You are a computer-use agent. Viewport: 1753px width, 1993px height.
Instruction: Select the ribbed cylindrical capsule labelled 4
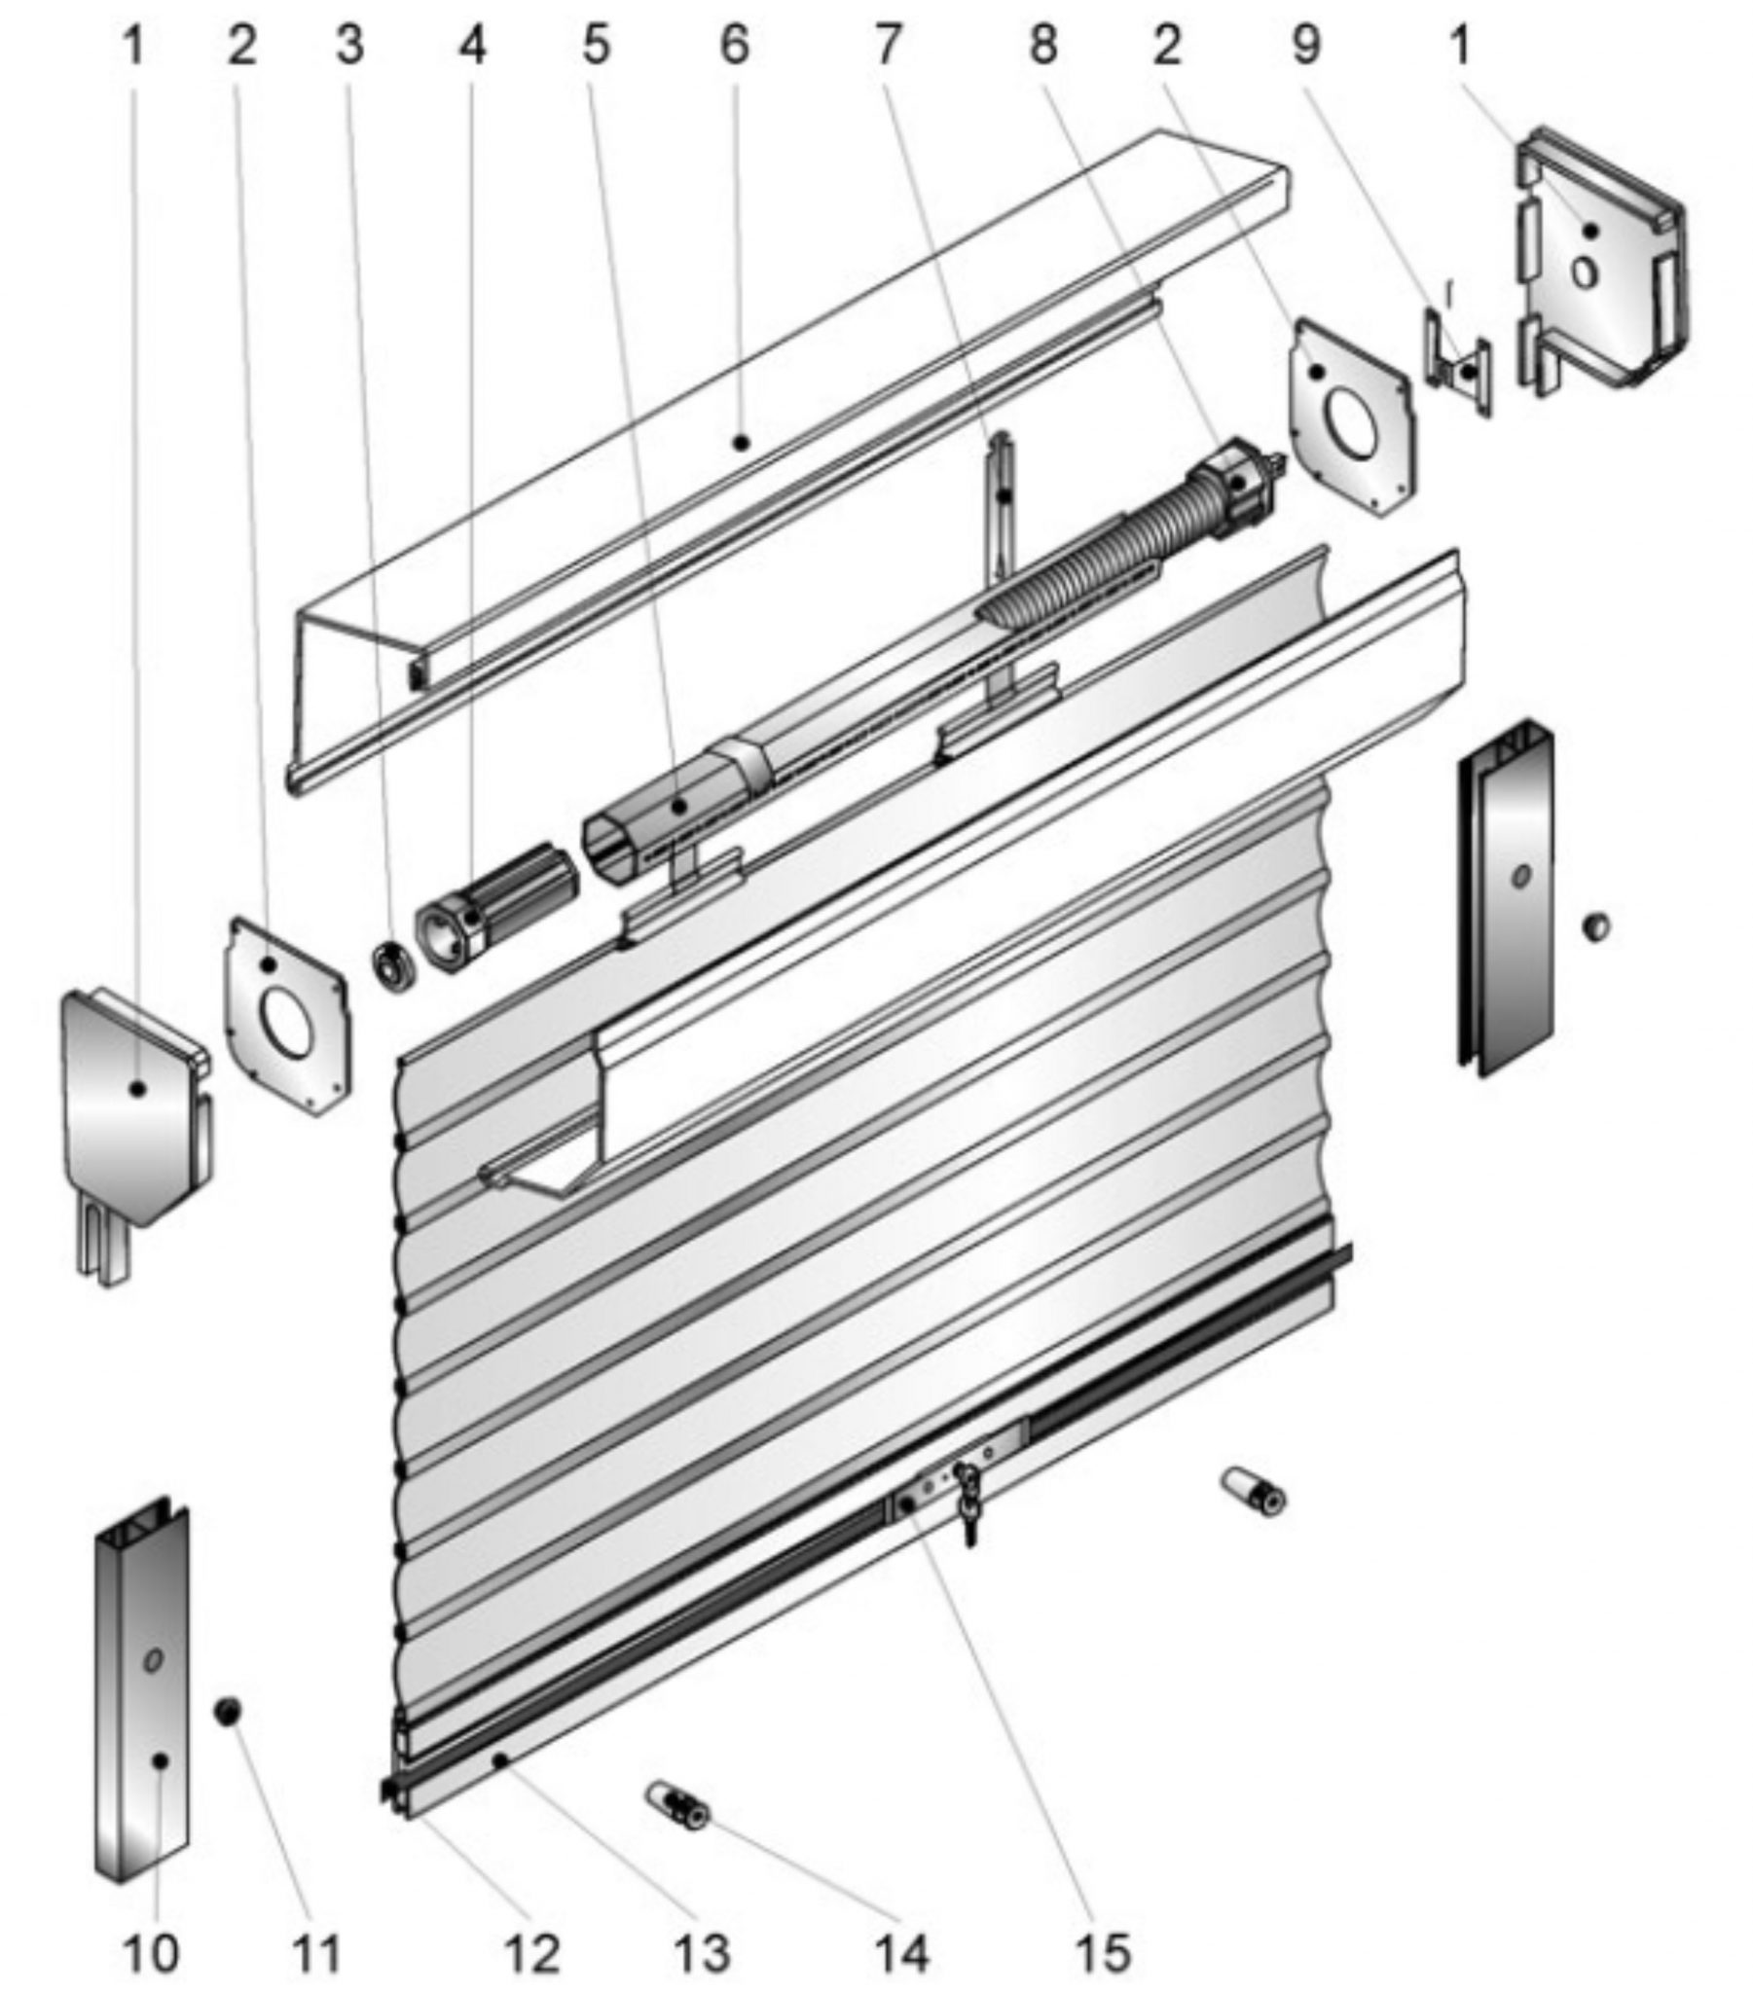point(495,909)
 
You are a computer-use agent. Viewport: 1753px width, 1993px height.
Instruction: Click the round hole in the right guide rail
point(1519,877)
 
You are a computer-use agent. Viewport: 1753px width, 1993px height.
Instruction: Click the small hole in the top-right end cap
point(1586,273)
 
